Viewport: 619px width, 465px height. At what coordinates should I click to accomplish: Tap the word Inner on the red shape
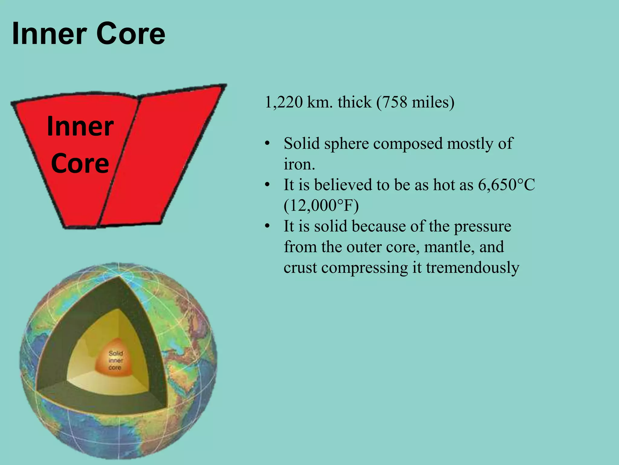tap(80, 127)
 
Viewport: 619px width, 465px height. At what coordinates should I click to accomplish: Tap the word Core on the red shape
tap(80, 163)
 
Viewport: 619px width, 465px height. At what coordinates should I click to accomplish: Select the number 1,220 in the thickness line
tap(283, 102)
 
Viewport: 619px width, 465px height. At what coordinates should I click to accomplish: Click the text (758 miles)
tap(415, 102)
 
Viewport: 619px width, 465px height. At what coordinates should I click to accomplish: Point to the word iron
tap(299, 164)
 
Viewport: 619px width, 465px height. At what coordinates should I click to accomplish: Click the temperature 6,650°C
tap(506, 185)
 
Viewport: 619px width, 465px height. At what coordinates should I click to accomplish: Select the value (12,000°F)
tap(321, 206)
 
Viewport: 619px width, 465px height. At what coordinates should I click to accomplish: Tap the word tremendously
tap(472, 268)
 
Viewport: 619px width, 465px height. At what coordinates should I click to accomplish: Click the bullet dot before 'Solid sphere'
tap(267, 143)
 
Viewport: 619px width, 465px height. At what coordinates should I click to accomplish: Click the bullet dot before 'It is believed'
tap(267, 185)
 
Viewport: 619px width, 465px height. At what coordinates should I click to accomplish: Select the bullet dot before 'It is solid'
tap(267, 226)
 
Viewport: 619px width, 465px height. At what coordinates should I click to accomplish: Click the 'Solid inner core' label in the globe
tap(115, 360)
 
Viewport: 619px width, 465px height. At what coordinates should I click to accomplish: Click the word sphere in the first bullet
tap(346, 143)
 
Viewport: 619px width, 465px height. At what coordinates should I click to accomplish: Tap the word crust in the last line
tap(300, 268)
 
